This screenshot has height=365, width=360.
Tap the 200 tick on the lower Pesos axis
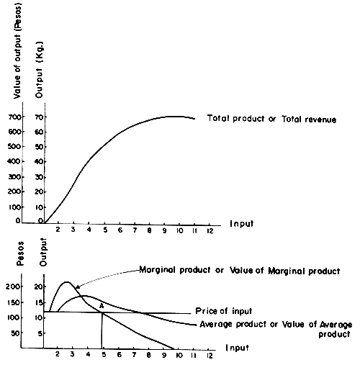click(14, 287)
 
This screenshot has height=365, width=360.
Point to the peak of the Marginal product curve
click(66, 281)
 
